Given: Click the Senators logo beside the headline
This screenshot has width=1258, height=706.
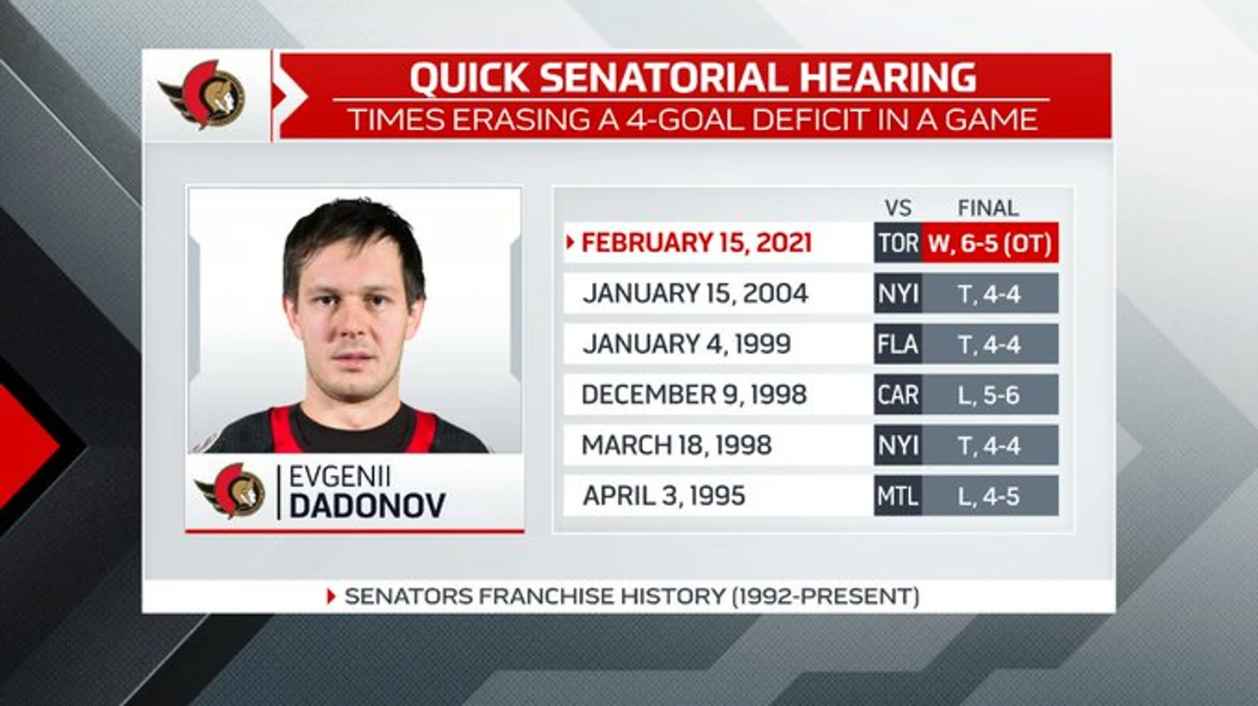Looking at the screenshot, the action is point(202,96).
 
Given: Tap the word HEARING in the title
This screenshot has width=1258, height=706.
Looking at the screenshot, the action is point(887,77).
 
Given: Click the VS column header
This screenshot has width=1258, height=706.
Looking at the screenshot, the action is point(898,208).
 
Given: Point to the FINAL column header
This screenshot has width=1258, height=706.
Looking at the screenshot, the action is point(987,208).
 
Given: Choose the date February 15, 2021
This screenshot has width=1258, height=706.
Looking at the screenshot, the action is point(696,243).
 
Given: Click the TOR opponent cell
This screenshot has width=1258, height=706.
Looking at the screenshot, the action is point(898,243).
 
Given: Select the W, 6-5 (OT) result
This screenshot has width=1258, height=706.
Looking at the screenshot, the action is point(989,243).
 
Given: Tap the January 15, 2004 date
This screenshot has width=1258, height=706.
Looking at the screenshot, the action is point(695,294).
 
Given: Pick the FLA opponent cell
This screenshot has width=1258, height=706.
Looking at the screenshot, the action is point(898,344).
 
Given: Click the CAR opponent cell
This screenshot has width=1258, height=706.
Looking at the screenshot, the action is point(898,394).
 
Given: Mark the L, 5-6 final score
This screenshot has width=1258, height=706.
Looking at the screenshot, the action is point(988,395).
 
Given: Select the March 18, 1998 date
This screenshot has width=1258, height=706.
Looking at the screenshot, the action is point(676,445).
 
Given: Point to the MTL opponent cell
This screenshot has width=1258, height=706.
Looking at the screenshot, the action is point(898,496).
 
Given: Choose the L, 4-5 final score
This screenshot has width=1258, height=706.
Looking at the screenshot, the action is point(988,496).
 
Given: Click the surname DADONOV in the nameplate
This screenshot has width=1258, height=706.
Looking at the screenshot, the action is point(367,505).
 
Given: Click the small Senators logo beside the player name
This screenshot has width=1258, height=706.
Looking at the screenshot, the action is point(230,491).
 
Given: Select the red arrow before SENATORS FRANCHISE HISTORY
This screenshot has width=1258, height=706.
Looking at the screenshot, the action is point(331,597).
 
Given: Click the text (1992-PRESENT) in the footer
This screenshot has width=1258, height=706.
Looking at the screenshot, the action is point(825,596).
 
